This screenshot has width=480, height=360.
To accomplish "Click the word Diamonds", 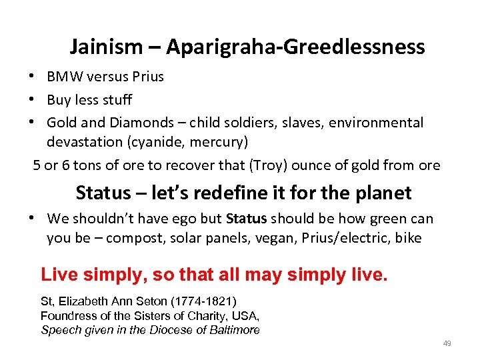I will (154, 123).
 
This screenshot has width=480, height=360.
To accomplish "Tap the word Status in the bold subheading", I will (103, 193).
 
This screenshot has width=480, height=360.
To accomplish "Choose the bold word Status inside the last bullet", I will (247, 219).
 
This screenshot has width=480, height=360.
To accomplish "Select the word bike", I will (407, 238).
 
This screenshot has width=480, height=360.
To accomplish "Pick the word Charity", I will (199, 315).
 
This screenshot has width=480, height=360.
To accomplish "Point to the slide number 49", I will (447, 343).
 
